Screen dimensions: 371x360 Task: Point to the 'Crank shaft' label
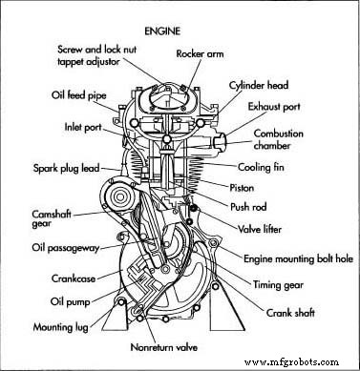(x=279, y=312)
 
